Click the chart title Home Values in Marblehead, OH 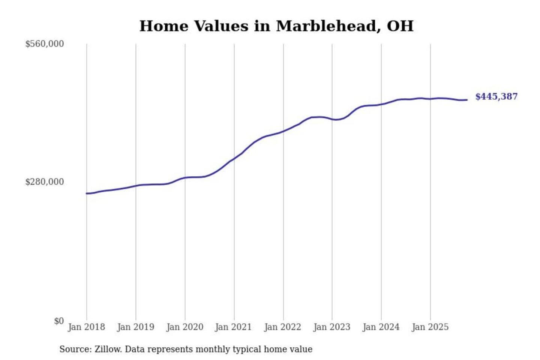tap(276, 26)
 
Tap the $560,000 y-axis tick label tap(45, 44)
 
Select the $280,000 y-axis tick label tap(45, 182)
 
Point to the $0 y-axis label tap(59, 321)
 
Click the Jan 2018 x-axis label tap(86, 327)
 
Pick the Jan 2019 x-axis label tap(135, 327)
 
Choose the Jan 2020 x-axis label tap(184, 327)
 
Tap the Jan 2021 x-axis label tap(233, 327)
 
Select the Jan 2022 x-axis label tap(282, 327)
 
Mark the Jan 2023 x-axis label tap(331, 327)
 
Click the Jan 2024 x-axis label tap(381, 327)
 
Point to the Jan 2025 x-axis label tap(430, 327)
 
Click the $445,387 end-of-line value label tap(496, 97)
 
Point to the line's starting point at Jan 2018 tap(87, 193)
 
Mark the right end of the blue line tap(467, 100)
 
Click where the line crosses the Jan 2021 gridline tap(234, 159)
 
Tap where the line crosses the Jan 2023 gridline tap(332, 119)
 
